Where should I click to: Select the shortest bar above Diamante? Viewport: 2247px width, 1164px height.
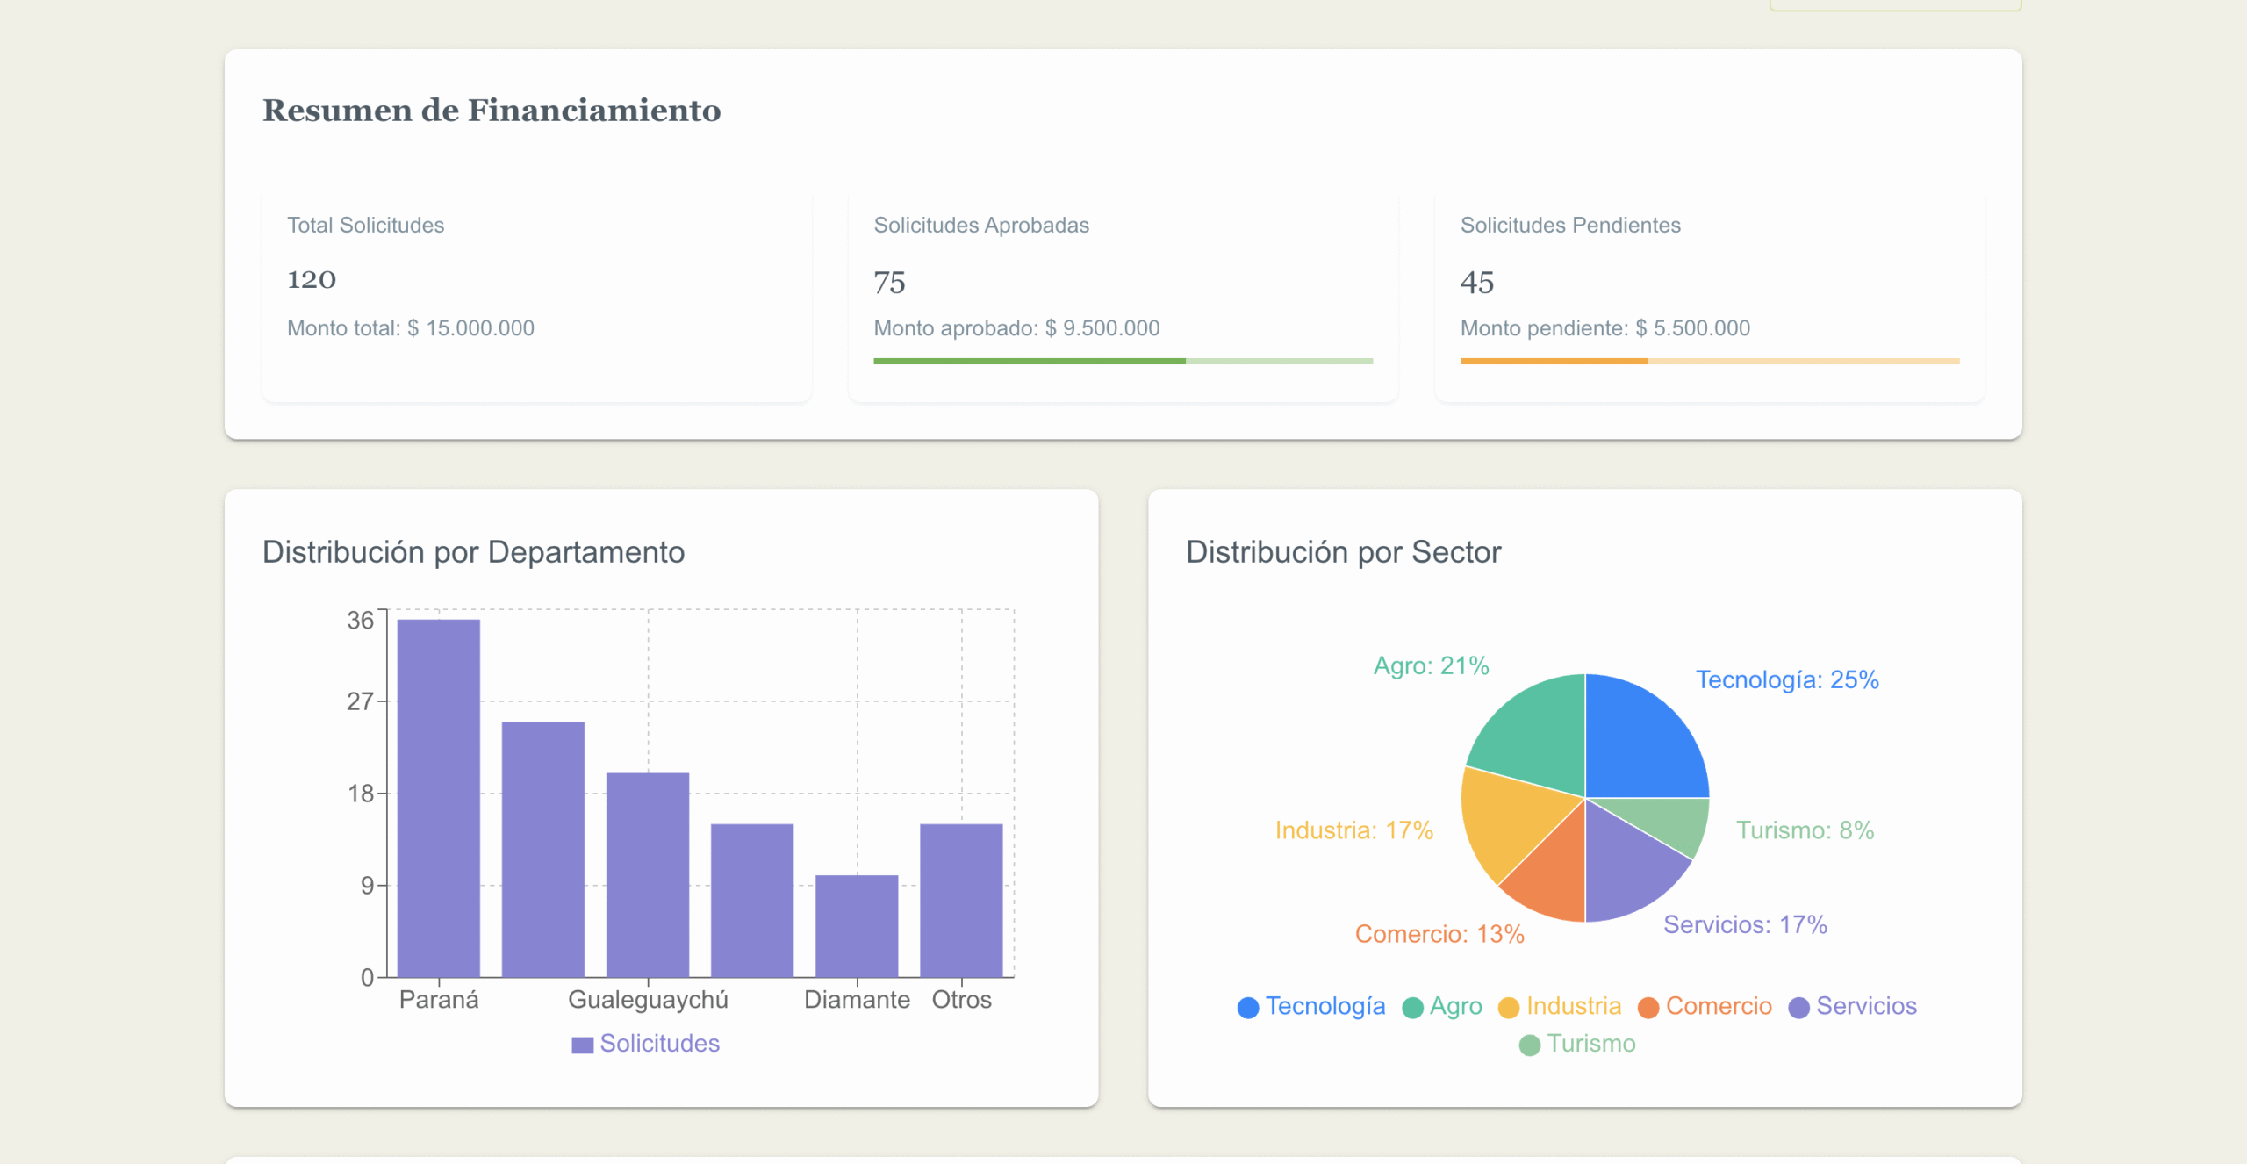(x=856, y=925)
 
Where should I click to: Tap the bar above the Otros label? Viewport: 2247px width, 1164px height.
(x=960, y=900)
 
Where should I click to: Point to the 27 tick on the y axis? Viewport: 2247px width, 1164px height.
(x=360, y=701)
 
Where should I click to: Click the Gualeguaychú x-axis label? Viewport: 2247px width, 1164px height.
(x=648, y=1000)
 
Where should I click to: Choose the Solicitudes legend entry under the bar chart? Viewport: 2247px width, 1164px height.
(x=646, y=1044)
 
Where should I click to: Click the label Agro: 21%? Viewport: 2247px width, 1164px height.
(x=1431, y=666)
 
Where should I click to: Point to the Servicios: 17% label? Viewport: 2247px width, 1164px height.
(x=1744, y=925)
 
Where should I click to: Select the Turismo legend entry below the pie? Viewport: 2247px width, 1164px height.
(x=1577, y=1044)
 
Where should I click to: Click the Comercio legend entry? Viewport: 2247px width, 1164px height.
(x=1705, y=1006)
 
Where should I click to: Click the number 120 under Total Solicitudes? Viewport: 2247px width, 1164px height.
(x=312, y=280)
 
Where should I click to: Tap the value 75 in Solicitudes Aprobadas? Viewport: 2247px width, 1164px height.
(x=888, y=283)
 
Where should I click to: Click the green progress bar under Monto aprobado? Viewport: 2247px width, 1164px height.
(x=1029, y=361)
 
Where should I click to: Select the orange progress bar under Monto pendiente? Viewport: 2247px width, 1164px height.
(x=1553, y=361)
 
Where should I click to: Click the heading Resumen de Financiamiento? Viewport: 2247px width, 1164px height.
(x=492, y=111)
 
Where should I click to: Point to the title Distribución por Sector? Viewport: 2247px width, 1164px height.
(x=1343, y=552)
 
